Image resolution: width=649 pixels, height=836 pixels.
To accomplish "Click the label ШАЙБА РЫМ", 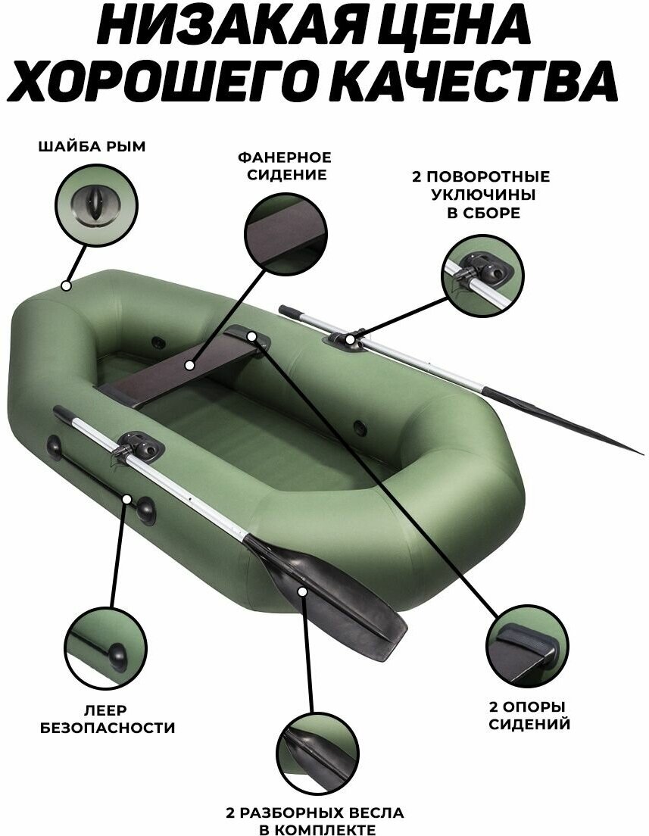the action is [92, 146].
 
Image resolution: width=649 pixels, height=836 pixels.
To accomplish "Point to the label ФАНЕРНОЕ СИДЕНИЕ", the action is [284, 166].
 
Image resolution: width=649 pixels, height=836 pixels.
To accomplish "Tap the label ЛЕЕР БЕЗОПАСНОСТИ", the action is [117, 720].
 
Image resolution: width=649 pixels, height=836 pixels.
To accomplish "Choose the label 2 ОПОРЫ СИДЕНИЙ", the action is [528, 716].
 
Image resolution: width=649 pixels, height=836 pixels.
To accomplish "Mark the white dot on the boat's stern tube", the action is [66, 286].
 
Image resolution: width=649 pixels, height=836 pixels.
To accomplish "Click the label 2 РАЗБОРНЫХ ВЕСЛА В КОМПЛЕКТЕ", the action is [314, 821].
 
